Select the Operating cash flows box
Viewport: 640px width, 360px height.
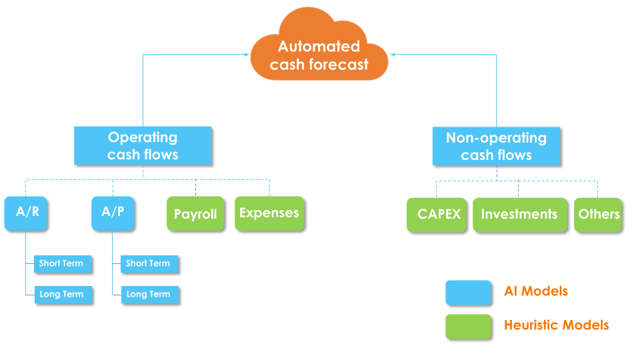[143, 146]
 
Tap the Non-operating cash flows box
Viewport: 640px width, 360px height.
[496, 147]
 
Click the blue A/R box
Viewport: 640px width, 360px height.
[27, 213]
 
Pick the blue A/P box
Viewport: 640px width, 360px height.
[113, 213]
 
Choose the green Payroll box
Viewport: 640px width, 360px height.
[195, 214]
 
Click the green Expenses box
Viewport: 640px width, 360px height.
[269, 213]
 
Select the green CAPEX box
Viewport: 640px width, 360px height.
[437, 215]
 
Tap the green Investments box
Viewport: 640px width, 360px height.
[519, 215]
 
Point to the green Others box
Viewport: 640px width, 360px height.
[598, 215]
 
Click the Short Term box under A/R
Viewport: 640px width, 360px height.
[63, 263]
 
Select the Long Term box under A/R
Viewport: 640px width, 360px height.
[63, 294]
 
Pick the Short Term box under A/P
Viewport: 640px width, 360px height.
[149, 263]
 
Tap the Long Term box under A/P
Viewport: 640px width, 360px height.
[149, 294]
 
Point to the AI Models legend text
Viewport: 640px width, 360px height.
[536, 291]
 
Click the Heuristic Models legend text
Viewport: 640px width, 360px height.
[556, 325]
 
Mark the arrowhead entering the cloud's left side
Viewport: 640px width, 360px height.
[247, 55]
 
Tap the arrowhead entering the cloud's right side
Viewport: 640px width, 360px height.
[393, 55]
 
